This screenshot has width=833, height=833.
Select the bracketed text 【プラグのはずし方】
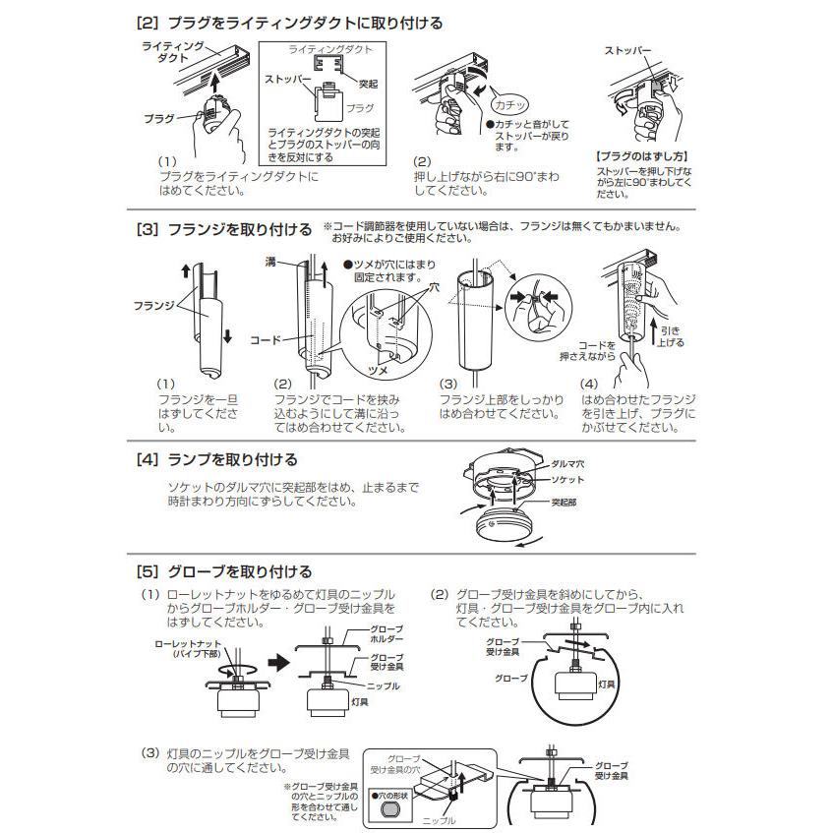pyautogui.click(x=640, y=156)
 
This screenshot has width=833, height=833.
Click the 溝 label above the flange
pyautogui.click(x=270, y=264)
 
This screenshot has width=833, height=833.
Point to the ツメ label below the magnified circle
pyautogui.click(x=379, y=375)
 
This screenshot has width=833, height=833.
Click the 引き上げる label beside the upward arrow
pyautogui.click(x=670, y=336)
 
